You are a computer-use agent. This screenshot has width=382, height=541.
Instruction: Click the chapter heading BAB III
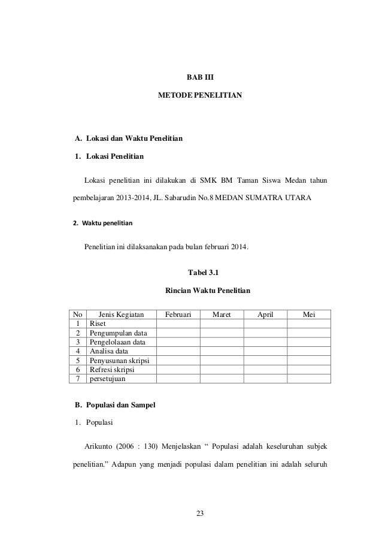coord(200,77)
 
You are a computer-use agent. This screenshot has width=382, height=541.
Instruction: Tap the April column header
coord(265,314)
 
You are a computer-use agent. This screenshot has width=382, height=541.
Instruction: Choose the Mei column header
coord(309,314)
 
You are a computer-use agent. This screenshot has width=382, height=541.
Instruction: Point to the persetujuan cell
coord(111,379)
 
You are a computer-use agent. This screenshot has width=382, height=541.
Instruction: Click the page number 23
coord(200,512)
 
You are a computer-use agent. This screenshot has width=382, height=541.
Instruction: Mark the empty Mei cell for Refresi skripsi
coord(309,370)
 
